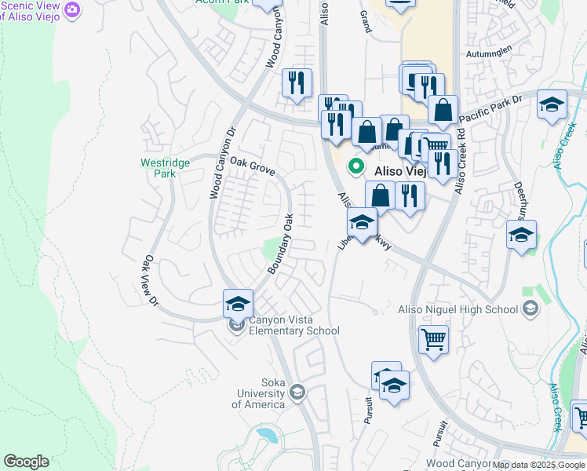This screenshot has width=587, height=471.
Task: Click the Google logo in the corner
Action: [26, 462]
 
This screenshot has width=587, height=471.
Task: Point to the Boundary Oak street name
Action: [279, 244]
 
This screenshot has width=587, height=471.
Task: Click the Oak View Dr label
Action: [150, 282]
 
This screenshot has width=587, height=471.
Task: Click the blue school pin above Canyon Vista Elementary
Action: [239, 303]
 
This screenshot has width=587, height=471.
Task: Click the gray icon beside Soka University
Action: [297, 391]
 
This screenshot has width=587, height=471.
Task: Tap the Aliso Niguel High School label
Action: [458, 309]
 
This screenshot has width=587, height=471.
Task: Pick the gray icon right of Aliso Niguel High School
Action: [531, 309]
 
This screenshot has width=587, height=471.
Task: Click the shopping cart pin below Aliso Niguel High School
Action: [433, 340]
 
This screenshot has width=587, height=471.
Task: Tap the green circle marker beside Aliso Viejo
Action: [355, 166]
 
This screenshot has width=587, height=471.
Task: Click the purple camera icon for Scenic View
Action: [73, 9]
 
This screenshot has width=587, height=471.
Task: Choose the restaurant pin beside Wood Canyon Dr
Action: [297, 82]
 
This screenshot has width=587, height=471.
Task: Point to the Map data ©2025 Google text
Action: [538, 465]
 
